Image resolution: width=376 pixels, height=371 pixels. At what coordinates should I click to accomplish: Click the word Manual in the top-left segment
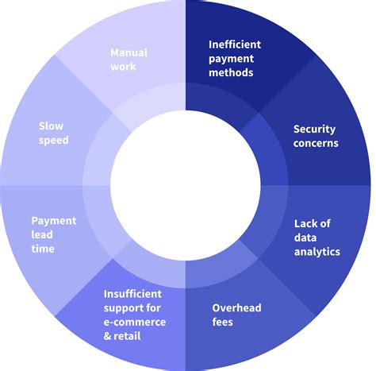click(129, 53)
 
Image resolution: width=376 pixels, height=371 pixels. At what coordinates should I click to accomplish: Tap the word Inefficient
click(235, 44)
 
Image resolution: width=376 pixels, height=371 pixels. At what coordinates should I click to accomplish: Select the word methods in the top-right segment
click(231, 73)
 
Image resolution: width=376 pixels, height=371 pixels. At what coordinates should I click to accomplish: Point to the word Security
click(315, 129)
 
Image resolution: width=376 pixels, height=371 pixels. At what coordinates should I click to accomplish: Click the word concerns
click(315, 144)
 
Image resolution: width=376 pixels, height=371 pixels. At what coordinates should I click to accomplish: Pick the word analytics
click(317, 252)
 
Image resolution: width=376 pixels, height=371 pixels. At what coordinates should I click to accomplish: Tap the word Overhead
click(236, 307)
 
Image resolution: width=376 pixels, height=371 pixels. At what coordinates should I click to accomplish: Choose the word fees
click(223, 322)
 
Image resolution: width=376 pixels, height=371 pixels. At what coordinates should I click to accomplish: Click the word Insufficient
click(134, 293)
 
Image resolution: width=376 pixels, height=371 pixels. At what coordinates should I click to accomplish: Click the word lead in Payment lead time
click(43, 235)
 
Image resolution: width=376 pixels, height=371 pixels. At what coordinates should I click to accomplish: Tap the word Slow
click(52, 126)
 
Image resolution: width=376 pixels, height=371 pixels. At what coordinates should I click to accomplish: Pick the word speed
click(54, 140)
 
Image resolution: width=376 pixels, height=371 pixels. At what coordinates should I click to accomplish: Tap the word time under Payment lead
click(44, 249)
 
